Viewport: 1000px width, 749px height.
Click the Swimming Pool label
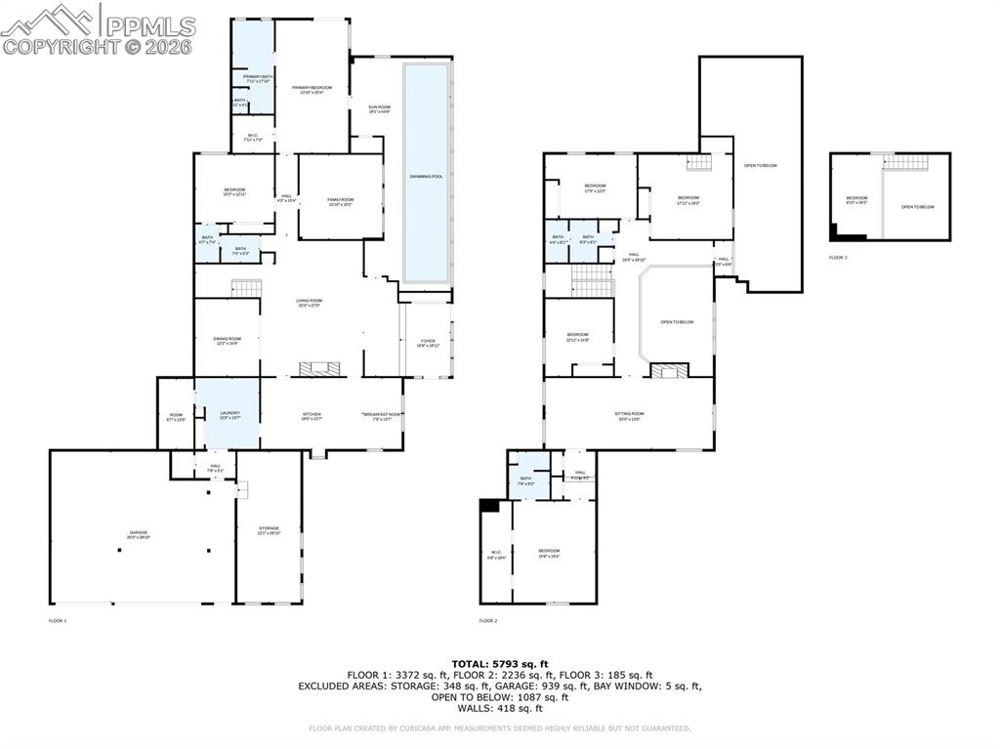[426, 177]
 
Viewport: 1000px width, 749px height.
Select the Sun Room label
[379, 108]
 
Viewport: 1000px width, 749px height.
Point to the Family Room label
[340, 201]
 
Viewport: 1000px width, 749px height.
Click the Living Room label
[310, 303]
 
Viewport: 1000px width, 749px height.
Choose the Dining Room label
[227, 340]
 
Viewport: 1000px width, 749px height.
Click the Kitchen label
[311, 415]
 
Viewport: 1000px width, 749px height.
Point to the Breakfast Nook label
[382, 415]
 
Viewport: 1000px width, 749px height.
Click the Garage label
[137, 533]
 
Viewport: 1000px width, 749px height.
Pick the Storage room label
[269, 530]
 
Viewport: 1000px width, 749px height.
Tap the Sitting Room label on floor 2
[629, 415]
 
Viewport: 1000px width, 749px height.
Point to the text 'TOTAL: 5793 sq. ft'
[500, 664]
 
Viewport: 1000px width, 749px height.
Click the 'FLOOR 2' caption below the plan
[488, 620]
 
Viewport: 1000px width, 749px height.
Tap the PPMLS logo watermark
[98, 29]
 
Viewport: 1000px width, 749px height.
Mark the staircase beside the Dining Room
[246, 288]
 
